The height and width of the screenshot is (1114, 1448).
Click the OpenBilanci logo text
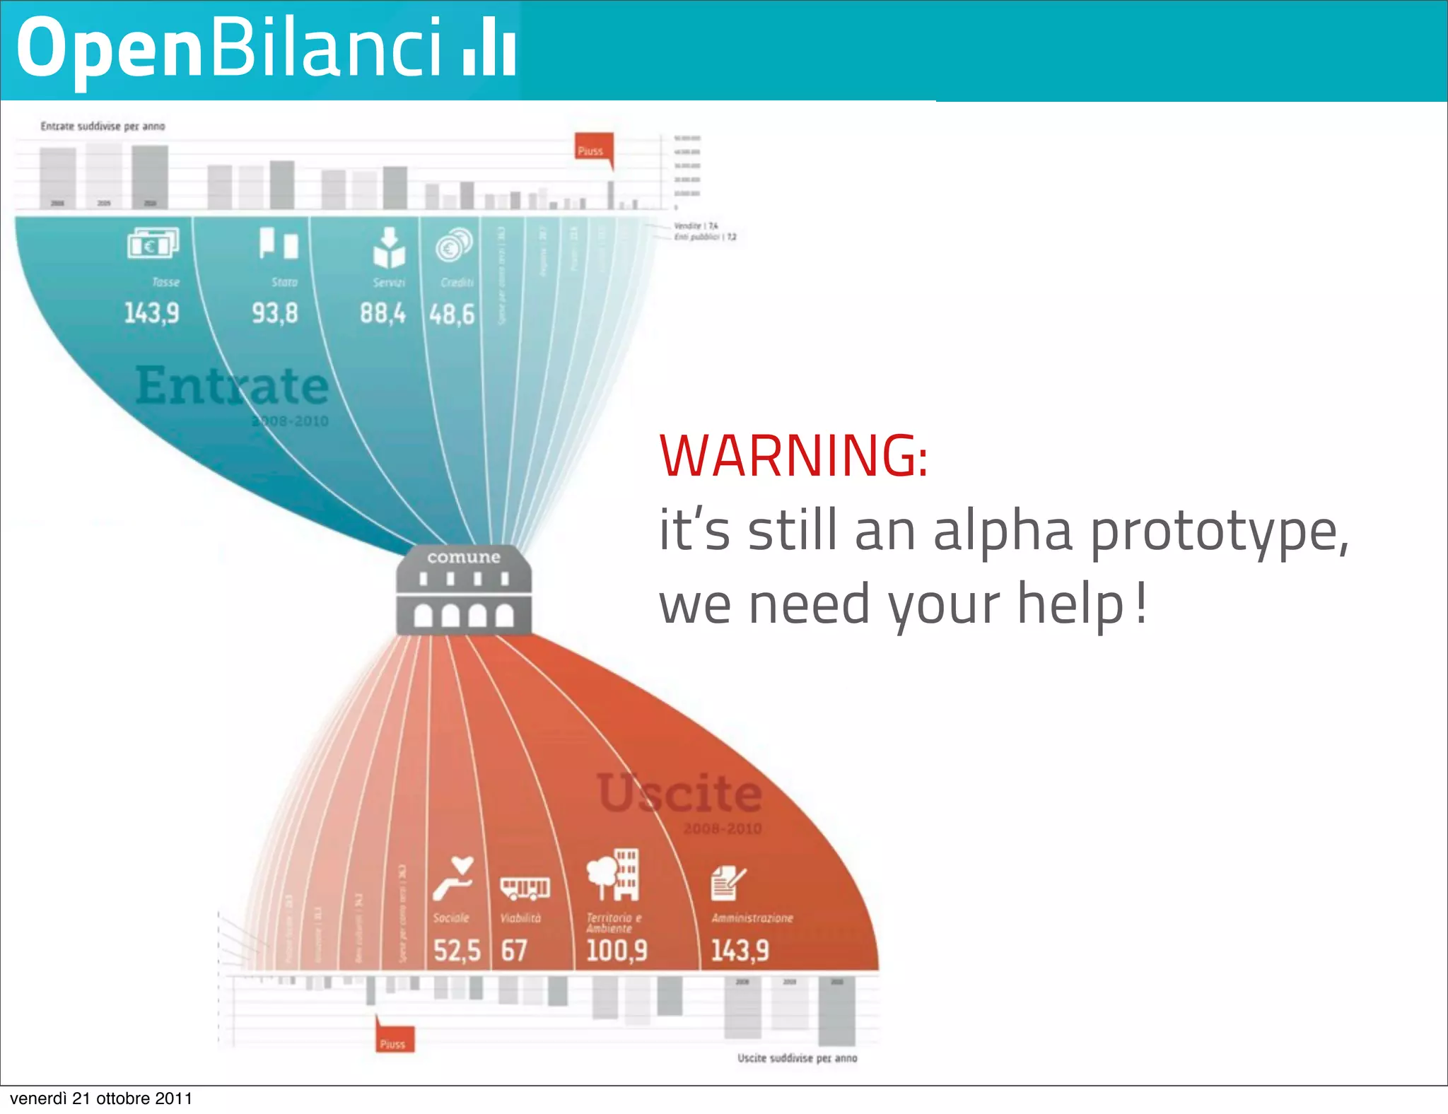tap(265, 48)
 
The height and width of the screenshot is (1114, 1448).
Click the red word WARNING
tap(793, 456)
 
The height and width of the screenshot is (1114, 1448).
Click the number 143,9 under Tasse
tap(151, 312)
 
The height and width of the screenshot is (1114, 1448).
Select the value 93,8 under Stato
tap(275, 312)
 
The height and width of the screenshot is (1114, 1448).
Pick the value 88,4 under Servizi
tap(383, 312)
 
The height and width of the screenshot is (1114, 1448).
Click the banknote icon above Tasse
tap(153, 245)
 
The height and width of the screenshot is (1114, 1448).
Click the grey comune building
tap(464, 590)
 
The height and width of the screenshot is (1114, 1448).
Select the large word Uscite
tap(679, 793)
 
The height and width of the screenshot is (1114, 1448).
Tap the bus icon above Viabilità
tap(525, 888)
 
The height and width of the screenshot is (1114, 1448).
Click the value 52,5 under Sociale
tap(457, 951)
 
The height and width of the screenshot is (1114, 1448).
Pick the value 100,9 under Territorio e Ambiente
tap(617, 951)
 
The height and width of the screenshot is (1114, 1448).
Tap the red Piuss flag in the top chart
tap(592, 150)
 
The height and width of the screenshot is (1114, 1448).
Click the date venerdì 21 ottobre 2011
tap(101, 1098)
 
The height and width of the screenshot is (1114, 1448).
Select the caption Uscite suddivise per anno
tap(797, 1058)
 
